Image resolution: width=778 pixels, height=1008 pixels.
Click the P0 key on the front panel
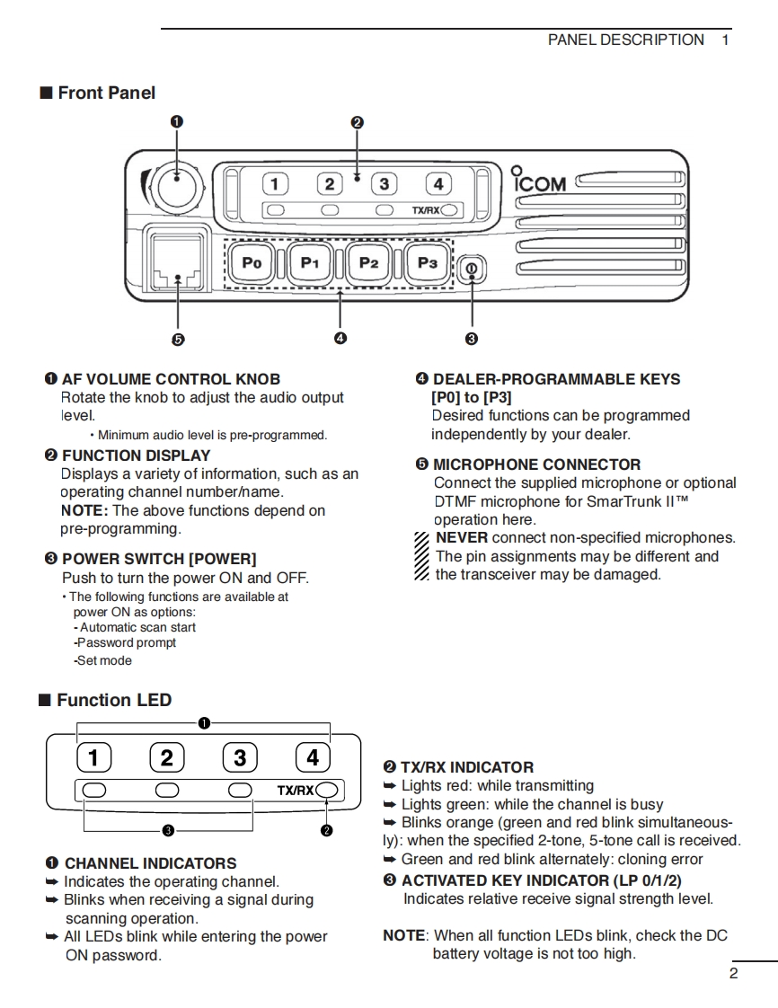coord(252,262)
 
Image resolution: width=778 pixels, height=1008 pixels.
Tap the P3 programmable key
coord(428,262)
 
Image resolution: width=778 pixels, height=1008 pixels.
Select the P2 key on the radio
coord(369,262)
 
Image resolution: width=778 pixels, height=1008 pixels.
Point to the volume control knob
coord(176,188)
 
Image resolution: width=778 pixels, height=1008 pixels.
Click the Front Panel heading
coord(106,93)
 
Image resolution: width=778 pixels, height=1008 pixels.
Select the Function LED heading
coord(113,700)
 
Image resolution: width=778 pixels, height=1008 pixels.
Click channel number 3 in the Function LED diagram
coord(239,758)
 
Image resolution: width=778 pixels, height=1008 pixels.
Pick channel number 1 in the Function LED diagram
coord(93,758)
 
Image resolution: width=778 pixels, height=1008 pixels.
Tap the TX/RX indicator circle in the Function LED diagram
coord(328,790)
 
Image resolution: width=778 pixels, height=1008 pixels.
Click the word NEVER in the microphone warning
coord(462,537)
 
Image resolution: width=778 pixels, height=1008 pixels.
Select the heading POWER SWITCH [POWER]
coord(159,559)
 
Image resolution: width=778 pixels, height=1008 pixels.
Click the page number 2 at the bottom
coord(733,973)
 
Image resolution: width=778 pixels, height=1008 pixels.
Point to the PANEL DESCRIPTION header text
coord(625,40)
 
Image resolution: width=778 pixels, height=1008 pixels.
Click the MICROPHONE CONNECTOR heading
coord(536,464)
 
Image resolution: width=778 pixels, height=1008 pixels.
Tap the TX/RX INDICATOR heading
coord(466,767)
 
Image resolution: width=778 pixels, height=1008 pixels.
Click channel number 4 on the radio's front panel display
coord(438,184)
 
